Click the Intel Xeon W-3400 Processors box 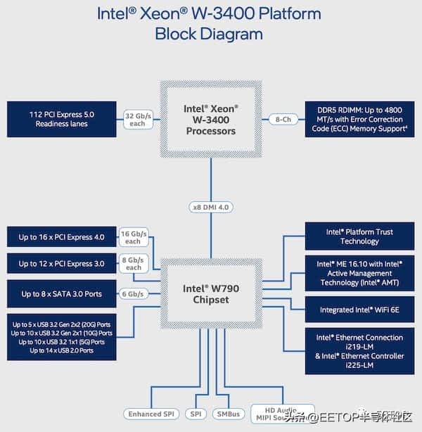point(211,120)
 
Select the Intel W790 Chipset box point(211,293)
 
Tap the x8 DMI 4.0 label point(211,207)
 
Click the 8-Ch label point(283,120)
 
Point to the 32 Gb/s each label point(137,120)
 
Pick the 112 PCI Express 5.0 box point(62,119)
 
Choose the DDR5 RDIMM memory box point(354,119)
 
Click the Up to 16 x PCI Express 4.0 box point(62,237)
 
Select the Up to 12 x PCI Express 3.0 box point(62,264)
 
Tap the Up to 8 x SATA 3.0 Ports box point(62,293)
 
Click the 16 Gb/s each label point(133,237)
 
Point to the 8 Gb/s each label point(133,264)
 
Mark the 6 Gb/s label point(132,294)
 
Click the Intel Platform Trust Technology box point(354,236)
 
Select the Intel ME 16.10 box point(354,273)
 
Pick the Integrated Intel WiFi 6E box point(354,310)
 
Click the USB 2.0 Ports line point(62,350)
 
